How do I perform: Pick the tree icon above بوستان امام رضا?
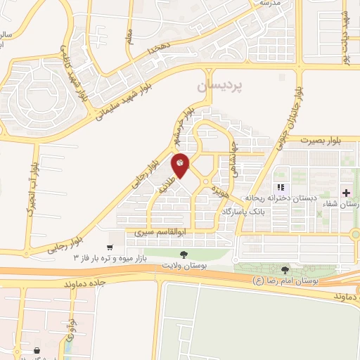coord(285,270)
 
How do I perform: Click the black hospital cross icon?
coord(345,193)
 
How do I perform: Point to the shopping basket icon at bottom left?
coord(37,350)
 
